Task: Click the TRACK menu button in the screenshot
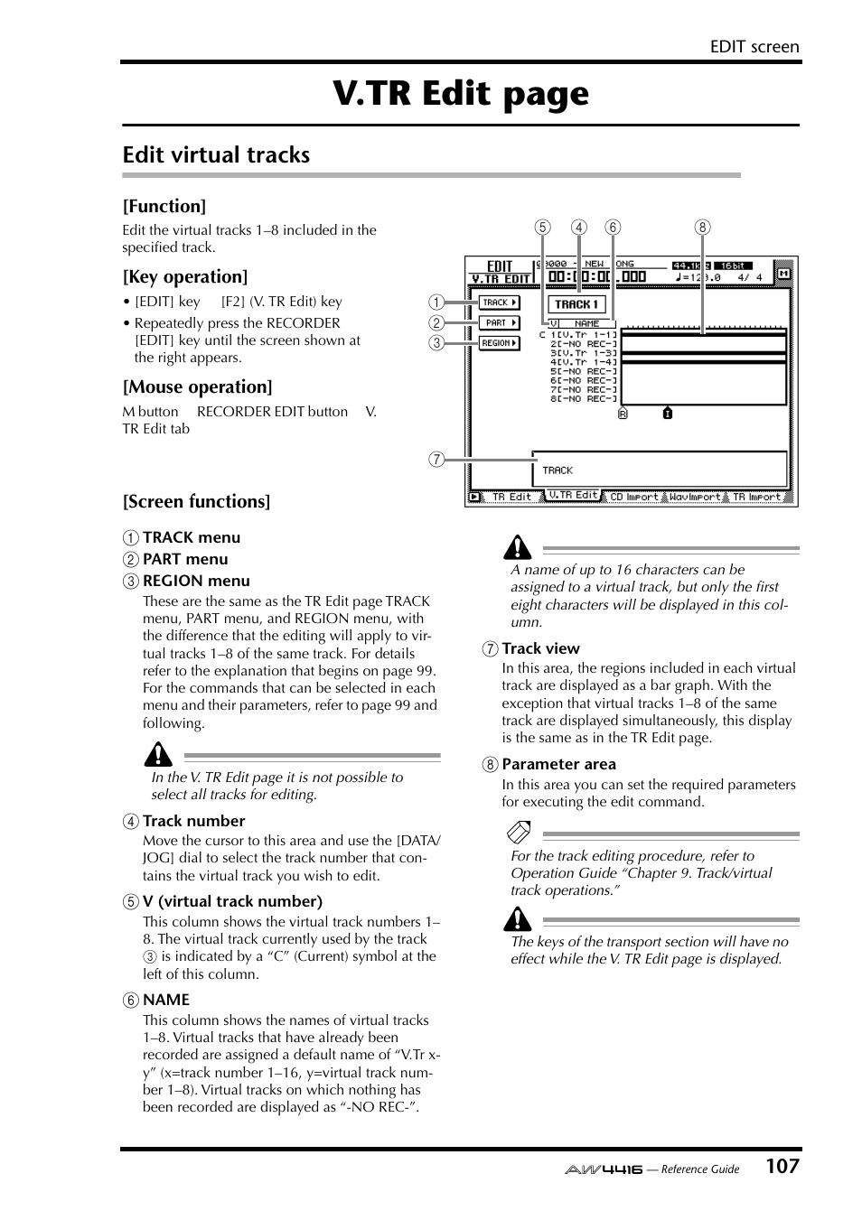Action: pos(499,303)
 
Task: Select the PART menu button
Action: pos(499,322)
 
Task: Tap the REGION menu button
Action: pos(499,343)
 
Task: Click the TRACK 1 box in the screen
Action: pos(576,304)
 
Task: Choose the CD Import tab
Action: pos(633,497)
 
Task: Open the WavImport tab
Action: pos(695,497)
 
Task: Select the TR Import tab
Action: pos(756,497)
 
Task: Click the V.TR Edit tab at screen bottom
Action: pos(573,495)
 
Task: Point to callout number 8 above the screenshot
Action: pos(702,228)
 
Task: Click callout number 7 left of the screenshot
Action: pos(436,460)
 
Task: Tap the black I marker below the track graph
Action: pos(667,414)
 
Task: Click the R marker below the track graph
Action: pos(623,414)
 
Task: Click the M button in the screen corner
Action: pos(783,273)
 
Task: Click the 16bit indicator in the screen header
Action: pos(733,265)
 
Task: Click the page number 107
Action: pos(782,1166)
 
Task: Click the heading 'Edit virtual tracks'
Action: pos(216,155)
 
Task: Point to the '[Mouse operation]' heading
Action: pos(197,387)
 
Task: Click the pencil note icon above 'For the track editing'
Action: pos(520,832)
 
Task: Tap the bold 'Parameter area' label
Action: pos(558,764)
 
